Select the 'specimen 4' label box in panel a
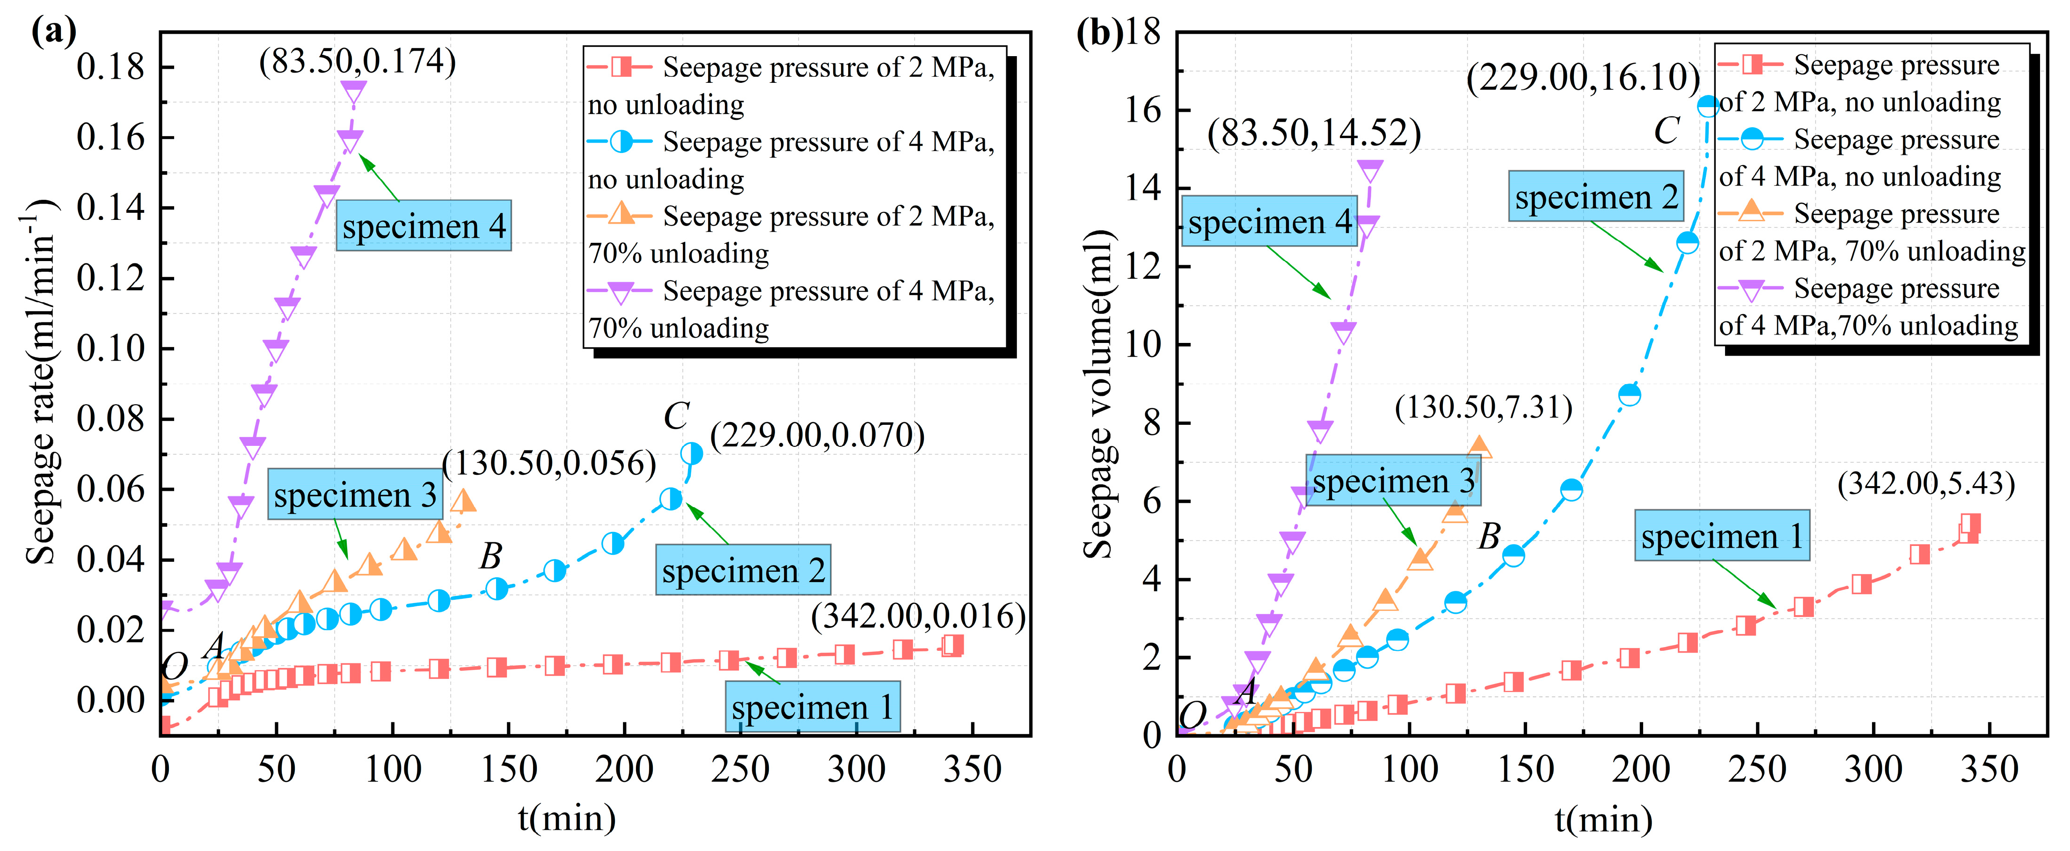point(424,226)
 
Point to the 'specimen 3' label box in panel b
point(1393,480)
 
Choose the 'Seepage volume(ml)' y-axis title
point(1097,394)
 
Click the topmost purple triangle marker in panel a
point(353,92)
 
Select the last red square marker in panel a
point(953,645)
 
